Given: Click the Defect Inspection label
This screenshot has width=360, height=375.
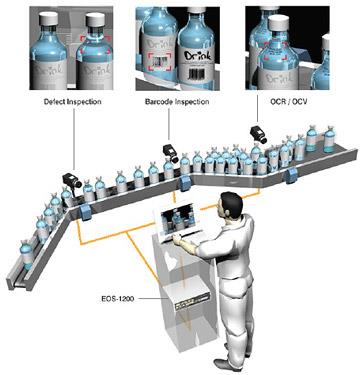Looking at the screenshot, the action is pyautogui.click(x=73, y=101).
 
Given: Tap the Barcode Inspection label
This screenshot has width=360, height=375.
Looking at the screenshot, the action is pyautogui.click(x=177, y=101).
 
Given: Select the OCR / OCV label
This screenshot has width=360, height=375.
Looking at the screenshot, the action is pyautogui.click(x=289, y=101).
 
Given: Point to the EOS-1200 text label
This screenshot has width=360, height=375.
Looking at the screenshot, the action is pyautogui.click(x=118, y=299).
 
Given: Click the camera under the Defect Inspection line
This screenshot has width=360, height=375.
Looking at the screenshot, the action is pyautogui.click(x=72, y=180).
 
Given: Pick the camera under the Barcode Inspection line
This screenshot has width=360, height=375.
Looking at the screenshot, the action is pyautogui.click(x=171, y=153).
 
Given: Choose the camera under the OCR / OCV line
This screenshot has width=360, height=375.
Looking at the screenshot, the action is pyautogui.click(x=258, y=134).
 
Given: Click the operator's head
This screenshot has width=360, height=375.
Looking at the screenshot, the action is pyautogui.click(x=229, y=205).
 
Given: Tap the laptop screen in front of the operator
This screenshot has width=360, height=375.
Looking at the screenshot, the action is pyautogui.click(x=177, y=218).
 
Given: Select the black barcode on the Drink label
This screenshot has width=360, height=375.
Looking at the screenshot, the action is pyautogui.click(x=197, y=73).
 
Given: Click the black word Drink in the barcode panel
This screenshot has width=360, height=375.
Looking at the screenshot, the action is pyautogui.click(x=198, y=56).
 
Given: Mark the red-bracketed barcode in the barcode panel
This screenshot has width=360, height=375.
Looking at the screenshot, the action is pyautogui.click(x=159, y=62).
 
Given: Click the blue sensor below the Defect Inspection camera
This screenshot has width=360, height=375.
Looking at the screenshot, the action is pyautogui.click(x=85, y=212).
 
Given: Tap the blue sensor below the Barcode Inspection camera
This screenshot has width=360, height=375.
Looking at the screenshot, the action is pyautogui.click(x=185, y=183).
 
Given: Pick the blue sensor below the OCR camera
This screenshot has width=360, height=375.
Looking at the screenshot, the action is pyautogui.click(x=292, y=175).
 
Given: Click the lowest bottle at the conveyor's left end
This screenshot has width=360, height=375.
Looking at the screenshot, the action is pyautogui.click(x=26, y=255).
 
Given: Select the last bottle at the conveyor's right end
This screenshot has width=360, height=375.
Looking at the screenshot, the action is pyautogui.click(x=330, y=139).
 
